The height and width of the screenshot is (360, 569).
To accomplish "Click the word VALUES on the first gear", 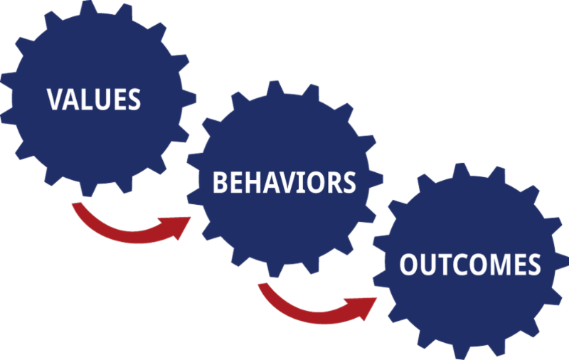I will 94,99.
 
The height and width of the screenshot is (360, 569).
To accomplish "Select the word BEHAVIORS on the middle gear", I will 284,182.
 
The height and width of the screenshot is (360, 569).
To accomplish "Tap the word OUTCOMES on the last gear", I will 469,265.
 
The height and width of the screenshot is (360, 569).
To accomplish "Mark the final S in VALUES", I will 134,99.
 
